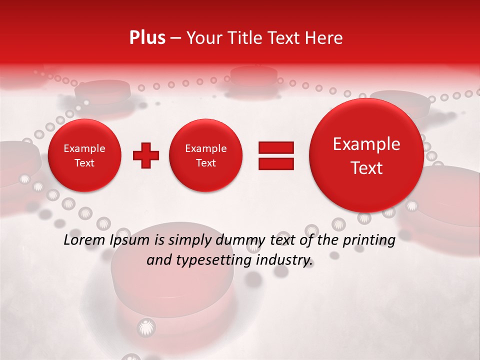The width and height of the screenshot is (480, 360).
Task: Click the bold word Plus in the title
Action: (x=147, y=38)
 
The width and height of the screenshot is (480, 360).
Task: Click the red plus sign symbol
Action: (x=145, y=155)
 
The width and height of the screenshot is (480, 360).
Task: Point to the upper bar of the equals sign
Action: (x=275, y=147)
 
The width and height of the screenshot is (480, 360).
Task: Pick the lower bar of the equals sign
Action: (x=275, y=163)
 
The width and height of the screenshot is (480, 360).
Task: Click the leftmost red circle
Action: (x=84, y=155)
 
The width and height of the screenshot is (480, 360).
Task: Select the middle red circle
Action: (x=205, y=155)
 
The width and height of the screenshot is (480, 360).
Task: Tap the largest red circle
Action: (x=366, y=155)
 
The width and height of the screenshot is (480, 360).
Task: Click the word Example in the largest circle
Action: (x=366, y=144)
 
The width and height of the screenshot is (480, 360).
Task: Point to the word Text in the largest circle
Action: (x=366, y=168)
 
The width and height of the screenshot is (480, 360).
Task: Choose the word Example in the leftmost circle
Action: (x=84, y=148)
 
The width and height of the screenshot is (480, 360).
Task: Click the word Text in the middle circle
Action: (x=205, y=163)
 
